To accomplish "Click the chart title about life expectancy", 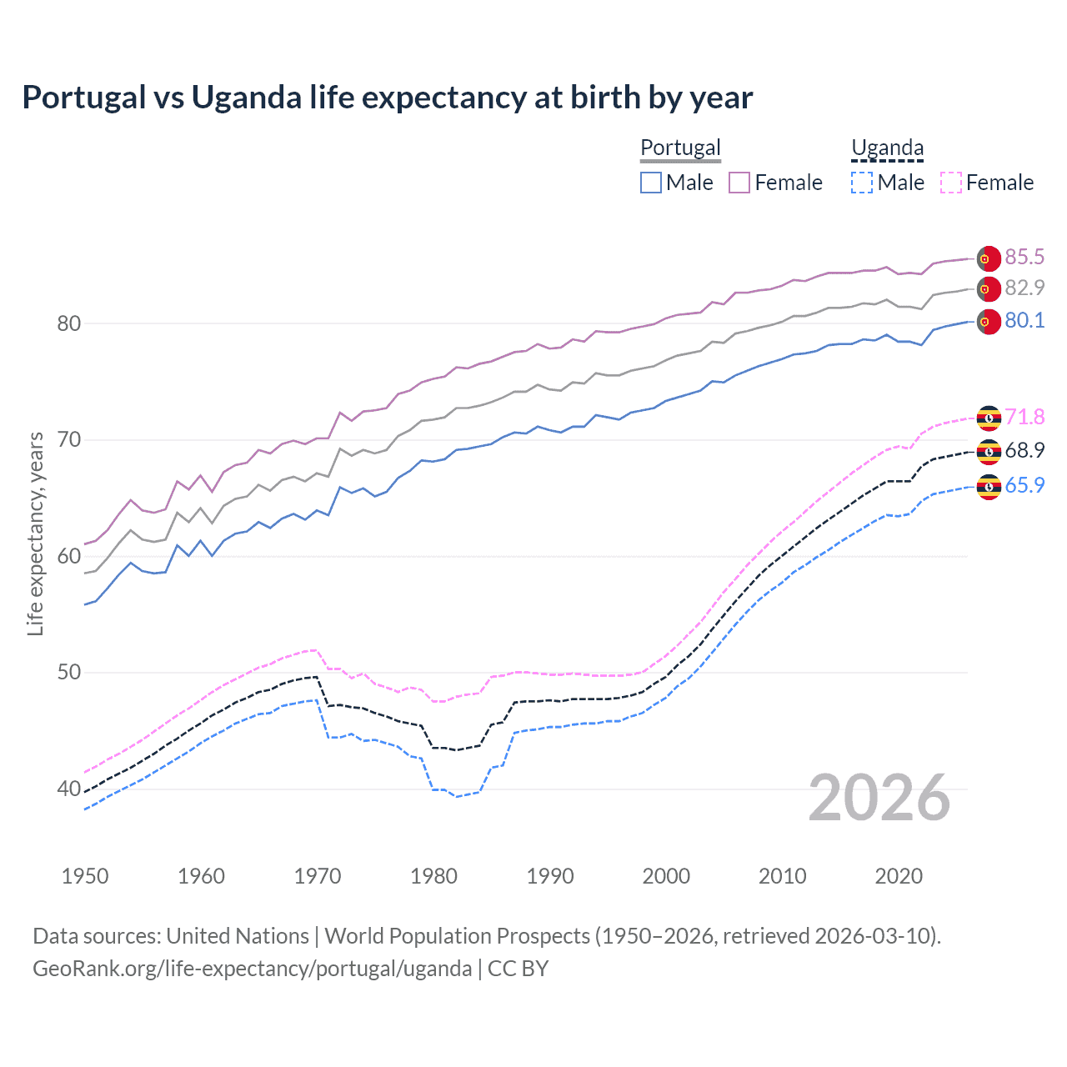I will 388,98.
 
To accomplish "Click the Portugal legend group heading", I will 680,148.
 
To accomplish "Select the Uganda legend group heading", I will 887,148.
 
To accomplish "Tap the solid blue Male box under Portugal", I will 651,183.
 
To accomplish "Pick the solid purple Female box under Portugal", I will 739,183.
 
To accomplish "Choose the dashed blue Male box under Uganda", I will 862,183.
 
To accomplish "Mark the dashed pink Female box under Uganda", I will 951,183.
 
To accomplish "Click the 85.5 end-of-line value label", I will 1024,257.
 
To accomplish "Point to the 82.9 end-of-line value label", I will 1024,288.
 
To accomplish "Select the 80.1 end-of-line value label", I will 1024,321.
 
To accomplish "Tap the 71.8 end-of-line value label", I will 1024,417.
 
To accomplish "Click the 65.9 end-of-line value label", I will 1024,485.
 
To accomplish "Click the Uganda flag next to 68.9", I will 989,452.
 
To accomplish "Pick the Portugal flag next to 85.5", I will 989,258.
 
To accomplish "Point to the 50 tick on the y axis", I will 69,672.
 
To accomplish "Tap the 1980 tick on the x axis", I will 433,876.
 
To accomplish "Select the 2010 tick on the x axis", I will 782,876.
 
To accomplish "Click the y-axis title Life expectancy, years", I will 35,533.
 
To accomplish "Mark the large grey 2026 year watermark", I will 879,798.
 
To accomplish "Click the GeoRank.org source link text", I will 252,969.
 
